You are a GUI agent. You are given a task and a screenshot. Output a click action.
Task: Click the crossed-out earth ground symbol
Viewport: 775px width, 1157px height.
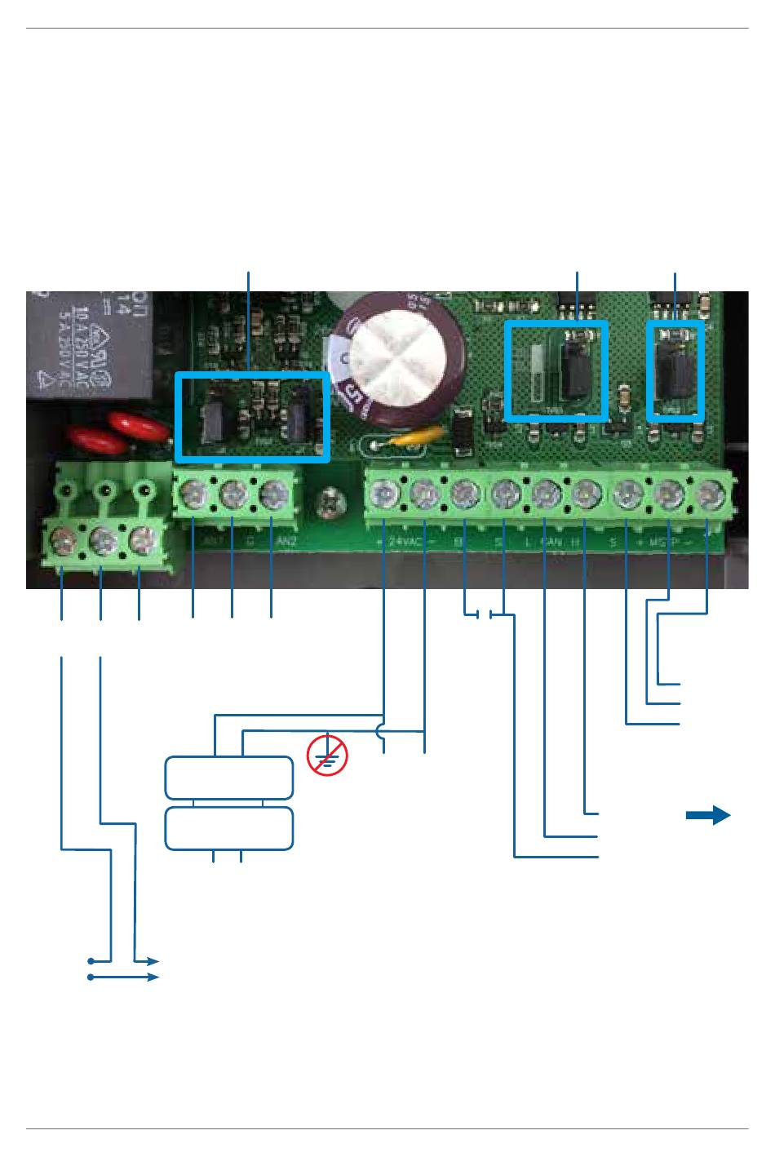tap(327, 756)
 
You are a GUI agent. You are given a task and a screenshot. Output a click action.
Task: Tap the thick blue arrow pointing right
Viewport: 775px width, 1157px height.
tap(707, 815)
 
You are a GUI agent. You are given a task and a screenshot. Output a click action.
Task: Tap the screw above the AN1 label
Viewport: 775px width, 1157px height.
tap(194, 494)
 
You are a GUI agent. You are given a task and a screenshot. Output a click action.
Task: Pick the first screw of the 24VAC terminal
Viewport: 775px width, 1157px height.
tap(384, 494)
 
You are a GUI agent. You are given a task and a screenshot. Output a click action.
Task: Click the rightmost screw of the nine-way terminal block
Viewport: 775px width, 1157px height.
tap(706, 494)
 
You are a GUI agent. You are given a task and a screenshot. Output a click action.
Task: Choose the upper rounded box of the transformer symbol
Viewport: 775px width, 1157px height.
tap(229, 778)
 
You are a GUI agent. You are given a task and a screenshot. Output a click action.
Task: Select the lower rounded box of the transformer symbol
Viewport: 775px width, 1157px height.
tap(229, 829)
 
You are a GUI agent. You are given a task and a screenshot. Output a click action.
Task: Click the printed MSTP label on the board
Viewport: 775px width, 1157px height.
tap(666, 541)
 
